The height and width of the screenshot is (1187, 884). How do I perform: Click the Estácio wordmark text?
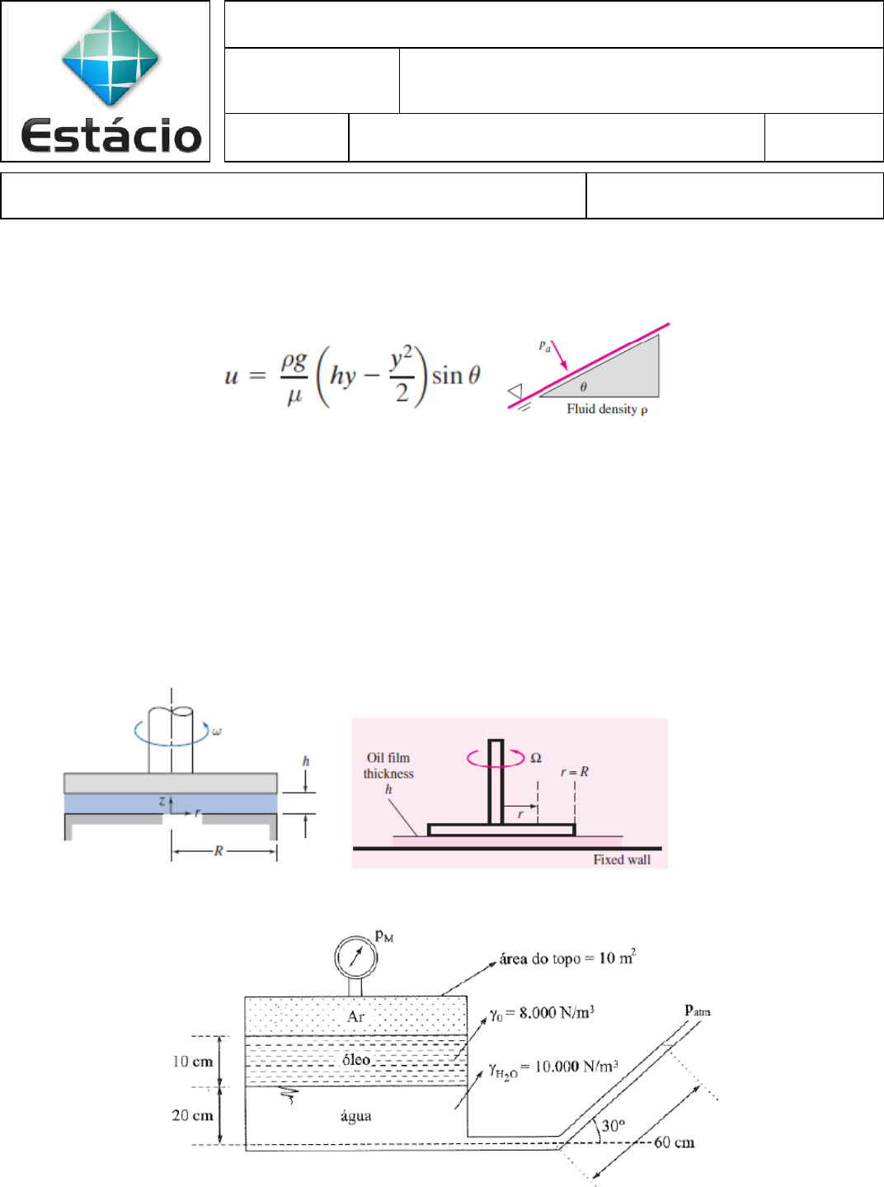pos(111,135)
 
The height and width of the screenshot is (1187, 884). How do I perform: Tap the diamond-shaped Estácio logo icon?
pos(110,57)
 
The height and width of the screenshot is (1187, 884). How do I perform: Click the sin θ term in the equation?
pos(456,375)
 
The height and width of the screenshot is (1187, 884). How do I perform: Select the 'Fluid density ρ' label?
pos(608,409)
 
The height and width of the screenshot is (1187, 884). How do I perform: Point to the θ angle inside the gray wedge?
pos(583,386)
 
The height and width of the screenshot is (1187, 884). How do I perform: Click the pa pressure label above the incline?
pos(544,346)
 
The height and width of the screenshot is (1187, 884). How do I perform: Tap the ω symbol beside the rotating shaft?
pos(217,732)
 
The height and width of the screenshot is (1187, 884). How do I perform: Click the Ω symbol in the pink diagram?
pos(536,758)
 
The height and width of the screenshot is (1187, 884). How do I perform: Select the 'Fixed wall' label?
pos(622,860)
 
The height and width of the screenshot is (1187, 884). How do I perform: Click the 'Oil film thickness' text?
pos(388,765)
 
